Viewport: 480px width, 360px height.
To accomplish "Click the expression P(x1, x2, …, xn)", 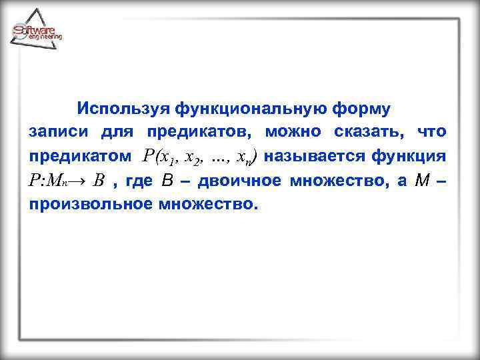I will tap(199, 157).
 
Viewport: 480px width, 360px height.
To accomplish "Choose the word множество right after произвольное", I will tap(207, 203).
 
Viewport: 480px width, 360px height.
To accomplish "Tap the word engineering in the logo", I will tap(45, 37).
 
